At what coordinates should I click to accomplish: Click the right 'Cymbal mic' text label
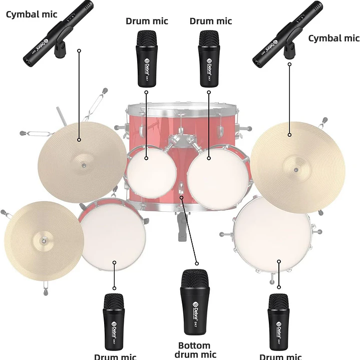click(333, 38)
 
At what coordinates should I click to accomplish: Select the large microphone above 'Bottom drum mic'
click(194, 302)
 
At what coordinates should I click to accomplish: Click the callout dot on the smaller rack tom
click(146, 158)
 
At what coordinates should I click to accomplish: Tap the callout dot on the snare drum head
click(115, 262)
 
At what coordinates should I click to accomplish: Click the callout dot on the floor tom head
click(279, 261)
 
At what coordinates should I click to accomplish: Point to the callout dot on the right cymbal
click(289, 134)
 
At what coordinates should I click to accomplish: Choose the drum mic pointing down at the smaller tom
click(146, 58)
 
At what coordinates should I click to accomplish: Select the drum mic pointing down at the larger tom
click(209, 58)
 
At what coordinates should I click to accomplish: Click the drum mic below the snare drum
click(114, 320)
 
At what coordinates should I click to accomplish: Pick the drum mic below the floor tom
click(278, 320)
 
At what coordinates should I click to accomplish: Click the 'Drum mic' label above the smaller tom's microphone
click(147, 21)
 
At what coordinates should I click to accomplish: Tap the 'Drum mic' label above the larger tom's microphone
click(211, 21)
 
